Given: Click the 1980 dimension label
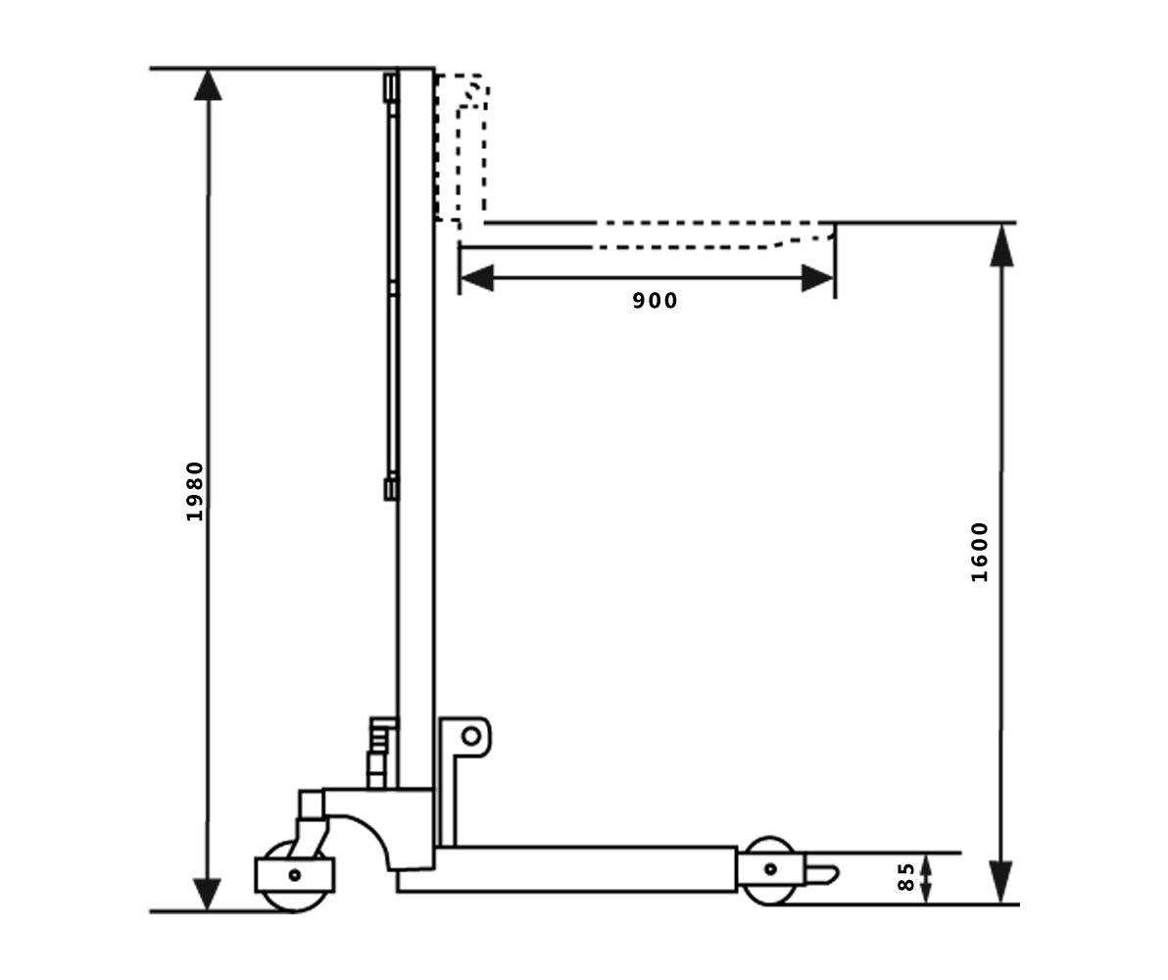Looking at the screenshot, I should pyautogui.click(x=195, y=491).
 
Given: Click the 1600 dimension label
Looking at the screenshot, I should pyautogui.click(x=980, y=552).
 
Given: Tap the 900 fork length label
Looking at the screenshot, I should pyautogui.click(x=655, y=301).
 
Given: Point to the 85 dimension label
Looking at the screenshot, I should pyautogui.click(x=906, y=876).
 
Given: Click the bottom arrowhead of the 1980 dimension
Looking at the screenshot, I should pyautogui.click(x=208, y=894).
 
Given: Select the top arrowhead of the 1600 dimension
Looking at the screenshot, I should pyautogui.click(x=1000, y=245).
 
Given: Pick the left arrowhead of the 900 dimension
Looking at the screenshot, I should pyautogui.click(x=476, y=278).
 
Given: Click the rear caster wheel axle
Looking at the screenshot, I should pyautogui.click(x=294, y=874).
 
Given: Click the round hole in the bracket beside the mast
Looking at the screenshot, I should pyautogui.click(x=471, y=735).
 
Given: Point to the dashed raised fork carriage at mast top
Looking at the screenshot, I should pyautogui.click(x=462, y=147).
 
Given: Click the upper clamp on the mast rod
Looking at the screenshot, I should pyautogui.click(x=390, y=87).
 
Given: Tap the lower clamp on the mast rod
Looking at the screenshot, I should pyautogui.click(x=390, y=487).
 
